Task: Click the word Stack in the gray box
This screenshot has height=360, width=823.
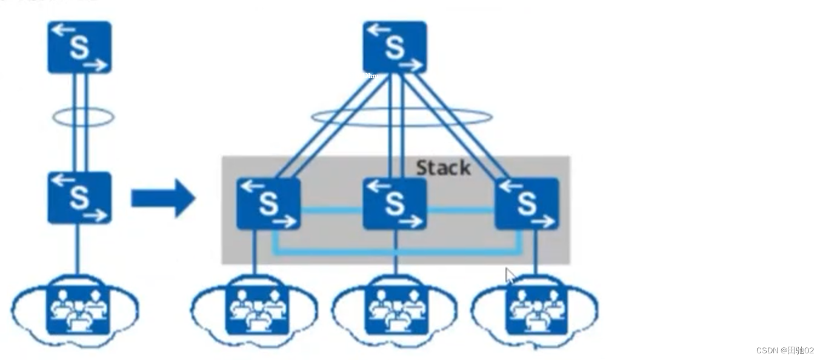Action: (x=443, y=168)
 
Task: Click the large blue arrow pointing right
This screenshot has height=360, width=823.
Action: (x=163, y=198)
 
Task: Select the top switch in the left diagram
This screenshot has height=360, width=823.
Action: (x=79, y=48)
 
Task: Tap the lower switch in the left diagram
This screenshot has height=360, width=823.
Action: (x=79, y=198)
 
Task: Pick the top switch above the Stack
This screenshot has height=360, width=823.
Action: (x=395, y=47)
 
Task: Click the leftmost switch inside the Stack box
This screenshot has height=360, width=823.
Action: (x=268, y=204)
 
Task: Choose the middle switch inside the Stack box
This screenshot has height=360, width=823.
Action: (x=395, y=204)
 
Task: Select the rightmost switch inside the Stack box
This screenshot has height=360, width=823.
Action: (x=527, y=204)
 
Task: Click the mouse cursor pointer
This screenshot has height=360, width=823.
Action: (x=510, y=276)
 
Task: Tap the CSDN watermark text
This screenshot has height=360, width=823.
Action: (x=785, y=351)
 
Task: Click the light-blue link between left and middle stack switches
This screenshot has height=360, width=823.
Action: (x=332, y=211)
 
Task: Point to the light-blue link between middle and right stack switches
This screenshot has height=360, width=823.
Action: (x=461, y=211)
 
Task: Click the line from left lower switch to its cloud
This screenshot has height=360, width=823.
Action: (x=78, y=248)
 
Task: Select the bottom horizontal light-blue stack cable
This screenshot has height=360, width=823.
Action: (x=397, y=251)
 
